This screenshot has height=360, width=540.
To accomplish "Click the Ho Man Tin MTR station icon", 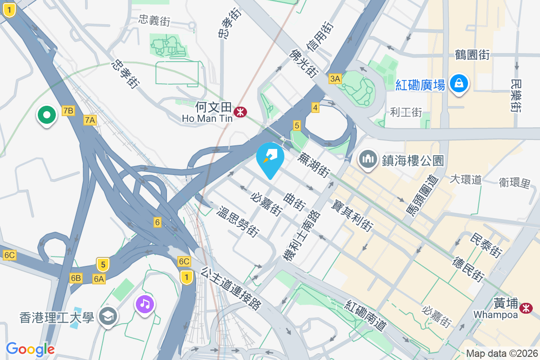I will pos(240,112).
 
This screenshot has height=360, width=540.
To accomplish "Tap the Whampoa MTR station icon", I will pos(525,308).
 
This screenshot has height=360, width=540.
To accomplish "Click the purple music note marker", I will pos(144,305).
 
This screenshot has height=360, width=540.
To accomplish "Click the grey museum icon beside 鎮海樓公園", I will pos(368,159).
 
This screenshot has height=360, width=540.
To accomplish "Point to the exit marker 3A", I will pos(335,79).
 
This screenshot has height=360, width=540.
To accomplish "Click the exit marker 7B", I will pos(68,111).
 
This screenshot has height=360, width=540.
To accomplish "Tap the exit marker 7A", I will pos(90,120).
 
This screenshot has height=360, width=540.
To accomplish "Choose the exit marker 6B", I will pos(76,278).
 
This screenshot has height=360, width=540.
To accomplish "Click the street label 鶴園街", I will pos(472,55).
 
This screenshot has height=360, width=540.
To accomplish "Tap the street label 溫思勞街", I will pos(238,222).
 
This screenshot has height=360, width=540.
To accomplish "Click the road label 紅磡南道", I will pos(366,316).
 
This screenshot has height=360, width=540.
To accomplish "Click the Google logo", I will pos(30,349).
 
